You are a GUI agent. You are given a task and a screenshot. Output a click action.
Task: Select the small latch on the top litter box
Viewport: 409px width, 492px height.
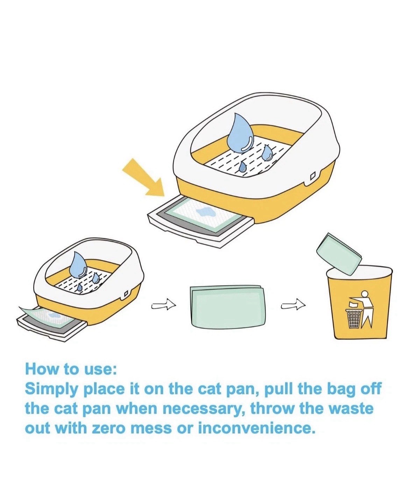pos(312,176)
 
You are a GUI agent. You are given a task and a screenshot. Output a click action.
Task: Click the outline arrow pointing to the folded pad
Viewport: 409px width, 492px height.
pos(164,306)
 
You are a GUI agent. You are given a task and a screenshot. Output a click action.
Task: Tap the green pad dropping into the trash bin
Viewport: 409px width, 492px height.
pos(339,254)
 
